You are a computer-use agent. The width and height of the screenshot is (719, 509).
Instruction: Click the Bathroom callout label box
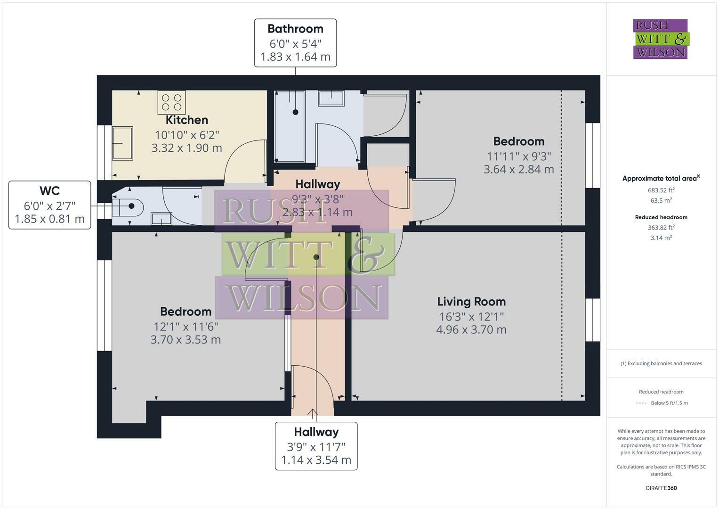[x=295, y=43]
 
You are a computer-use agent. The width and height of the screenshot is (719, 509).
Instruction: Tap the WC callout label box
[x=50, y=205]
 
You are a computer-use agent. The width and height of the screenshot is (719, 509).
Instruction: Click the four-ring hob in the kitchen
[x=172, y=102]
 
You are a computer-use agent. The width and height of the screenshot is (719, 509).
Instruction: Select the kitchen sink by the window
[x=122, y=143]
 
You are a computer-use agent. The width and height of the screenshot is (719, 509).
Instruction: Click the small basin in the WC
[x=162, y=219]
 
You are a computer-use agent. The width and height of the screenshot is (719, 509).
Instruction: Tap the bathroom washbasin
[x=331, y=98]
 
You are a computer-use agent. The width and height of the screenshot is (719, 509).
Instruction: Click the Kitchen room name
[x=187, y=120]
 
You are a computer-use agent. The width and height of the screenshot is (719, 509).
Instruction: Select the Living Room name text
[x=471, y=302]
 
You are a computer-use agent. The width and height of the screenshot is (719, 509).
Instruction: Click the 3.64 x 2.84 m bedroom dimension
[x=519, y=169]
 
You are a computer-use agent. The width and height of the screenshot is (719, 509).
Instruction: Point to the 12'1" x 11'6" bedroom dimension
[x=186, y=327]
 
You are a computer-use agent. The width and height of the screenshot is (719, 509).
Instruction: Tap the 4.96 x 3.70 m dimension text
[x=471, y=329]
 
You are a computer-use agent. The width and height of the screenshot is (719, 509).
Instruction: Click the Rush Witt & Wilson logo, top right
[x=661, y=39]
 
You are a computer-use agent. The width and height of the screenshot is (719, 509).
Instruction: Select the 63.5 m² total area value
[x=661, y=200]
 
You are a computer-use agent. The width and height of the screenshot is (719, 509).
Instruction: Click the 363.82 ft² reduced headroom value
[x=661, y=227]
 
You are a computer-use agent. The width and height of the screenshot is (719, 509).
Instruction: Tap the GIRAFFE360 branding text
[x=661, y=488]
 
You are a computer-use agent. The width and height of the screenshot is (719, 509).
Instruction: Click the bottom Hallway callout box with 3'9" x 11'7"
[x=316, y=446]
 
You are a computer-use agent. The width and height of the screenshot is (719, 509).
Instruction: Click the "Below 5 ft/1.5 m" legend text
[x=669, y=403]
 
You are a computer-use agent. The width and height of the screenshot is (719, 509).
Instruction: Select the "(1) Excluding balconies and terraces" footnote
[x=661, y=363]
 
